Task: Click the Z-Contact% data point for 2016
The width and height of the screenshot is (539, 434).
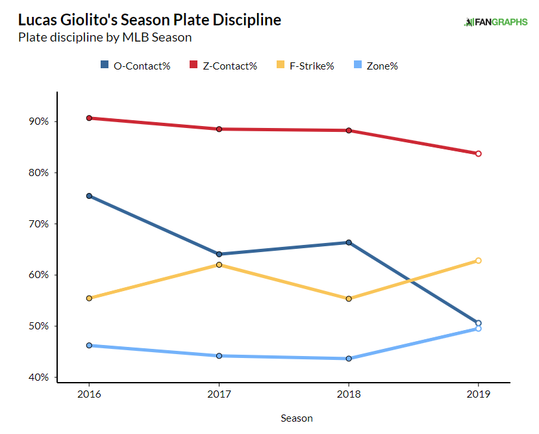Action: pos(89,118)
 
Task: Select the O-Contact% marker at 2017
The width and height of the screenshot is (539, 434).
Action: pos(219,254)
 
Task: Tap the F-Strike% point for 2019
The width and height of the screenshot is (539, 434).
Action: pos(479,261)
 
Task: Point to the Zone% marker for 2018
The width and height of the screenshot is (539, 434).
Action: pos(349,359)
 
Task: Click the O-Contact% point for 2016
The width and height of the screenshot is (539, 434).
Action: pos(89,196)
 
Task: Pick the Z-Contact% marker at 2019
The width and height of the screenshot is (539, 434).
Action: pos(479,153)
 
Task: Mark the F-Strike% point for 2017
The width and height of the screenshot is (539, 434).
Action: pos(219,264)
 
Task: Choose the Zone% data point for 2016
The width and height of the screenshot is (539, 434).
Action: pos(89,346)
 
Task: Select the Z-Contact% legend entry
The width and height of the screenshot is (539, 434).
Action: pos(223,66)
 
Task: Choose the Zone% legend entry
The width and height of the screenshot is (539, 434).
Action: pos(378,66)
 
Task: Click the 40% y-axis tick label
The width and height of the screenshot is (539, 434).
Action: pos(37,377)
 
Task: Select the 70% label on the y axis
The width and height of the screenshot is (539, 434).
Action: pos(37,224)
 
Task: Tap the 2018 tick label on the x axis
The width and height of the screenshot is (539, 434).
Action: pos(349,394)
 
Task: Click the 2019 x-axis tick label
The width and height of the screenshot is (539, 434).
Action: pos(479,394)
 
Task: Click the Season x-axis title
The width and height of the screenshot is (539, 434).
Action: pos(297,418)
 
